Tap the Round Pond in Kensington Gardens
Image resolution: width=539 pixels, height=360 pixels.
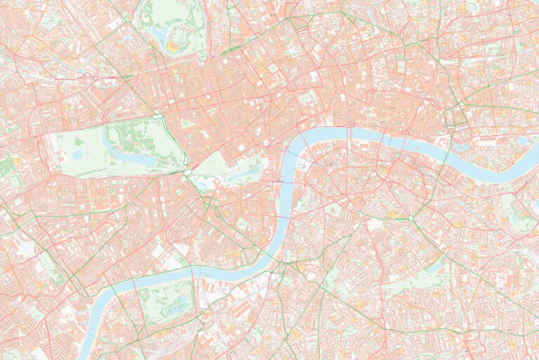pos(76,154)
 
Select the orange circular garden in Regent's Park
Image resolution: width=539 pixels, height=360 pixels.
pos(172,46)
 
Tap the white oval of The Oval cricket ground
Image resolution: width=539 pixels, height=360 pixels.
pos(310,276)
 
